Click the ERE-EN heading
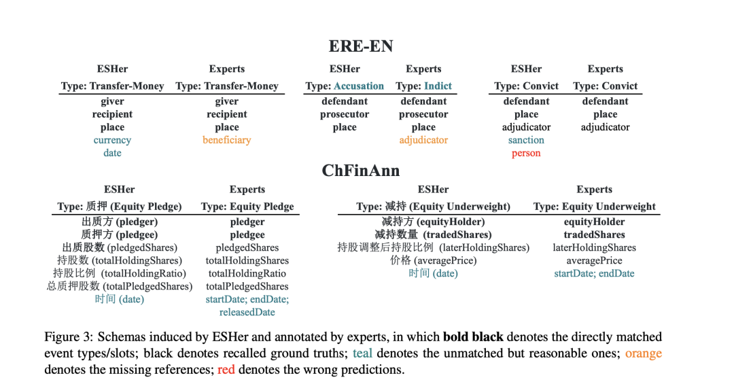click(x=361, y=46)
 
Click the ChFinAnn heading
click(x=361, y=170)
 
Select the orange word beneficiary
click(x=227, y=140)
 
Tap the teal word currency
click(x=112, y=140)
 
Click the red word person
click(x=526, y=153)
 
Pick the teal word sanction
click(x=526, y=140)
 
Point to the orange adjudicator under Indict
click(x=423, y=140)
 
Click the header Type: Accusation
click(x=345, y=86)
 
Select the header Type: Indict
click(x=423, y=86)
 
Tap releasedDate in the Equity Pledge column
click(x=247, y=312)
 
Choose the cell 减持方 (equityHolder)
click(x=433, y=222)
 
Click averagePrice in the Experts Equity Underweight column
click(x=594, y=260)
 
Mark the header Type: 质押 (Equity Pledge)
click(x=120, y=207)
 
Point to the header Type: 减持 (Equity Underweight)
click(x=433, y=207)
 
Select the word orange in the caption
click(x=643, y=353)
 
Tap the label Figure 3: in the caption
click(x=69, y=337)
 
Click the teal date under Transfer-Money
click(x=112, y=153)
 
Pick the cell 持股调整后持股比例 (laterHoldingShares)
click(x=433, y=247)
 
